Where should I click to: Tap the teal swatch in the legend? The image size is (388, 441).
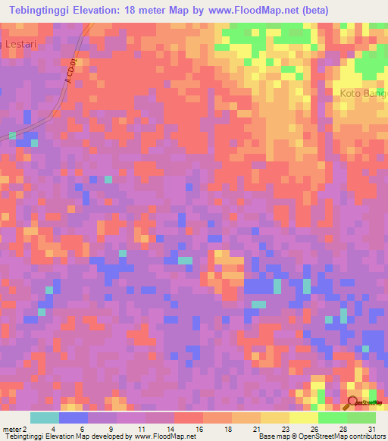(x=44, y=418)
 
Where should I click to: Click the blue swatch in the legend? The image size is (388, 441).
(x=73, y=418)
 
